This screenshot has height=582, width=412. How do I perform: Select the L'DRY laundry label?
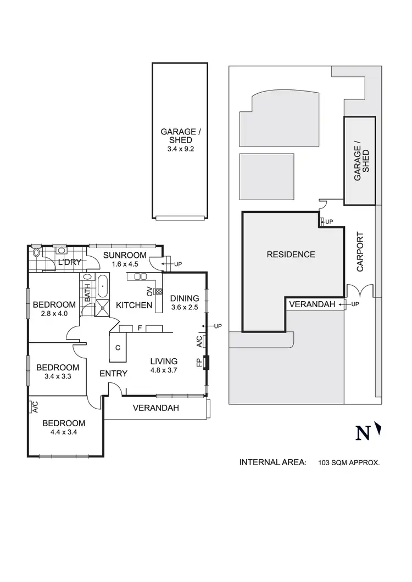(70, 263)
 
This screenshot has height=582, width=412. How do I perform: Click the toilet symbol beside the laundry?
(36, 252)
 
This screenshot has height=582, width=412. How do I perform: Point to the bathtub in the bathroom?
(103, 286)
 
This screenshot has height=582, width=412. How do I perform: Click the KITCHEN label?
(132, 305)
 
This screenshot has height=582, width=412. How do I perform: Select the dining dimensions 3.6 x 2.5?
(184, 307)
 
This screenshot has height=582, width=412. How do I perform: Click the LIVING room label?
(164, 361)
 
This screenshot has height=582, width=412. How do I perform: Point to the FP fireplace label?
(199, 363)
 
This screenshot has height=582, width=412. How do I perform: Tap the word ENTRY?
(113, 374)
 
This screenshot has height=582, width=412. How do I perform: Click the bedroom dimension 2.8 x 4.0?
(53, 314)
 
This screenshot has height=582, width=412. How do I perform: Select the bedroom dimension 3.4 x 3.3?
(58, 376)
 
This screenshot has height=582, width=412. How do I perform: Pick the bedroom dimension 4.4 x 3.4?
(64, 432)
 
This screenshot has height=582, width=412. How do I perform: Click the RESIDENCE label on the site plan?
(291, 255)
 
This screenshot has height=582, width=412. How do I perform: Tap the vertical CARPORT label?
(360, 252)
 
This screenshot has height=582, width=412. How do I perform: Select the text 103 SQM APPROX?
(349, 463)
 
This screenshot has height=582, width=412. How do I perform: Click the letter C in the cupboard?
(118, 347)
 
